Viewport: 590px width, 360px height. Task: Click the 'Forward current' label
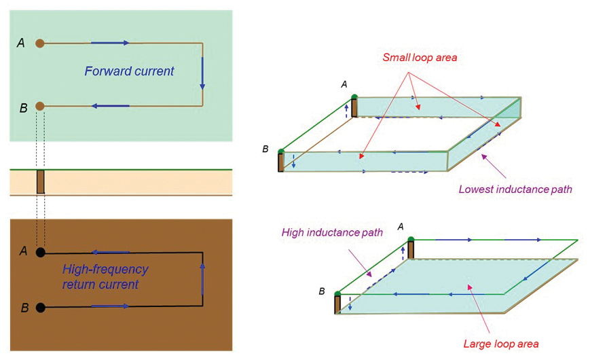tap(129, 71)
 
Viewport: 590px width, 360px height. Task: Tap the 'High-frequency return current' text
tap(105, 276)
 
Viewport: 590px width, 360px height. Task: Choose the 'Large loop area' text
tap(501, 344)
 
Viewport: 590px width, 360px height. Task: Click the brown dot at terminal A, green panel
tap(40, 43)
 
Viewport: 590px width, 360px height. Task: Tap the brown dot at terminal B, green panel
tap(40, 106)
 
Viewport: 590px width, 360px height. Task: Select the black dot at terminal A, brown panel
tap(41, 252)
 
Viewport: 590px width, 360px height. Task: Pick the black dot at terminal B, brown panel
tap(41, 307)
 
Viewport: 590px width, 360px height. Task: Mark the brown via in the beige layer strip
tap(40, 181)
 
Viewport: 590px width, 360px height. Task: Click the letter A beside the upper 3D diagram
tap(344, 84)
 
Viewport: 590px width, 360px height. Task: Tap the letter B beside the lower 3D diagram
tap(322, 291)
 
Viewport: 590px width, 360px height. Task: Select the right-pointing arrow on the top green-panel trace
tap(110, 43)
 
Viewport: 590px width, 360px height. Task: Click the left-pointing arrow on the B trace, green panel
tap(110, 106)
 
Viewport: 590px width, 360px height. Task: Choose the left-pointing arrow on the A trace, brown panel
tap(110, 252)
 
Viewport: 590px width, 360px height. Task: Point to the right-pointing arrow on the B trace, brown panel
tap(110, 307)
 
